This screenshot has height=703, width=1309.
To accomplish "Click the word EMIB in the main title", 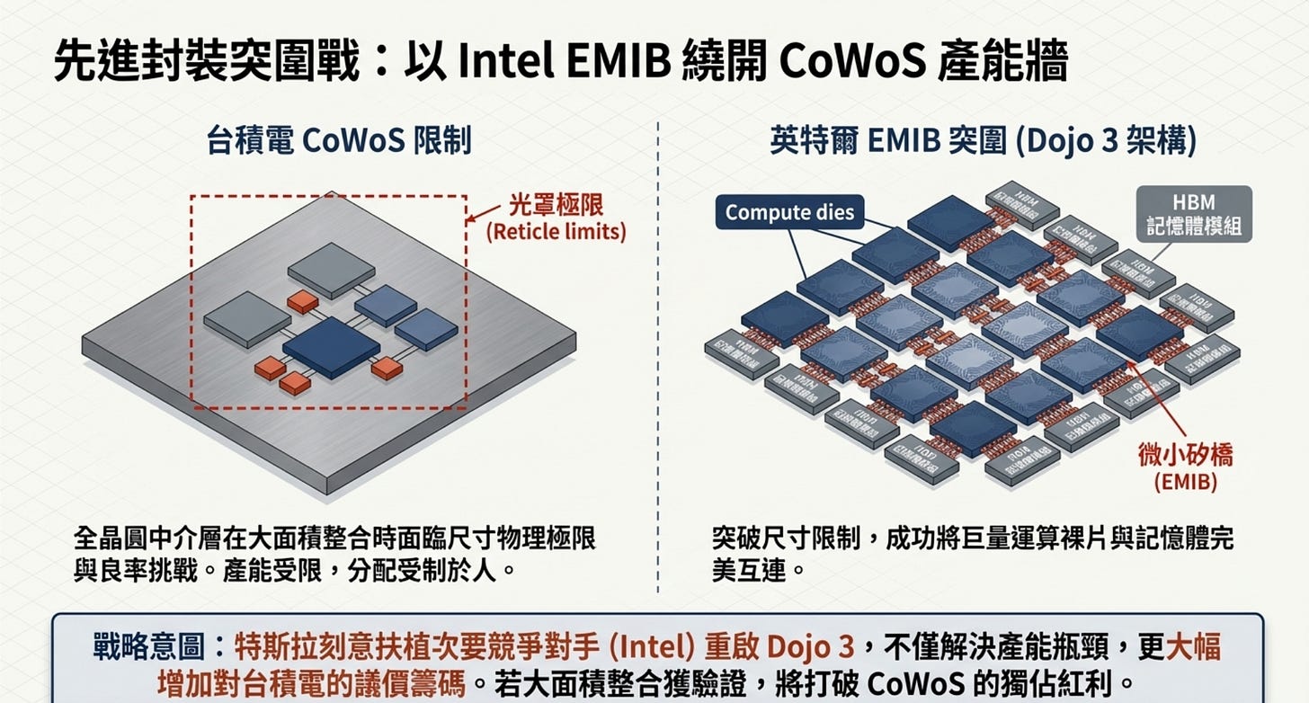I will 603,64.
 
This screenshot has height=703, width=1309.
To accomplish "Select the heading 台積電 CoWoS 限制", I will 340,142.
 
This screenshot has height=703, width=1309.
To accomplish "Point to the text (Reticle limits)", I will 556,231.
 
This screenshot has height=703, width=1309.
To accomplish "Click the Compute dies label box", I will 789,213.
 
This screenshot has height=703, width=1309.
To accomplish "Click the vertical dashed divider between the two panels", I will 658,360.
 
